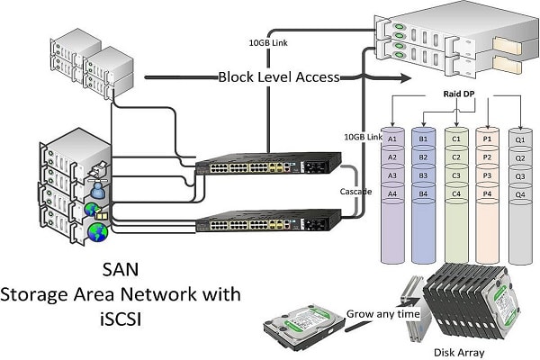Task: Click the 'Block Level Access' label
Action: [x=278, y=77]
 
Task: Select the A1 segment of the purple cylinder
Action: [x=391, y=139]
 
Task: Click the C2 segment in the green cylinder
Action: [x=456, y=157]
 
